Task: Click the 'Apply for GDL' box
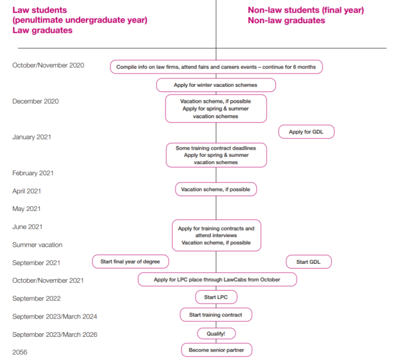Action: [x=306, y=132]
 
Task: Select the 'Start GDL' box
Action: [x=309, y=261]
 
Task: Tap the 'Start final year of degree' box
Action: [x=131, y=261]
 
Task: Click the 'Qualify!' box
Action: [x=216, y=334]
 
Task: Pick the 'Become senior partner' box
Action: [x=217, y=350]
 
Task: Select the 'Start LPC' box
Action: [x=216, y=297]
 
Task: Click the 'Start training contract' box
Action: [x=216, y=315]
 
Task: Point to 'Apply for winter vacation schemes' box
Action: [x=216, y=85]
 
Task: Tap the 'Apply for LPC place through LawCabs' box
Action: [x=217, y=279]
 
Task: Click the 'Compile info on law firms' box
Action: [x=216, y=67]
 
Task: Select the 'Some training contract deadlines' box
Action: [x=216, y=155]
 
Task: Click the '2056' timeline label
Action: [x=20, y=352]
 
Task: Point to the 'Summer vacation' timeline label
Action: [x=37, y=245]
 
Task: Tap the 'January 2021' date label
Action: [x=31, y=137]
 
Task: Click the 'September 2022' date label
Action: [x=36, y=298]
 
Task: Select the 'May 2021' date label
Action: [x=26, y=209]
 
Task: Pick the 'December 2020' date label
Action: [x=36, y=101]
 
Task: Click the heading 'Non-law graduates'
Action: [x=286, y=20]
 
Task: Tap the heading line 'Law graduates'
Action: [x=42, y=30]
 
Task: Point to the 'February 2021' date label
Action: [x=33, y=173]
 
